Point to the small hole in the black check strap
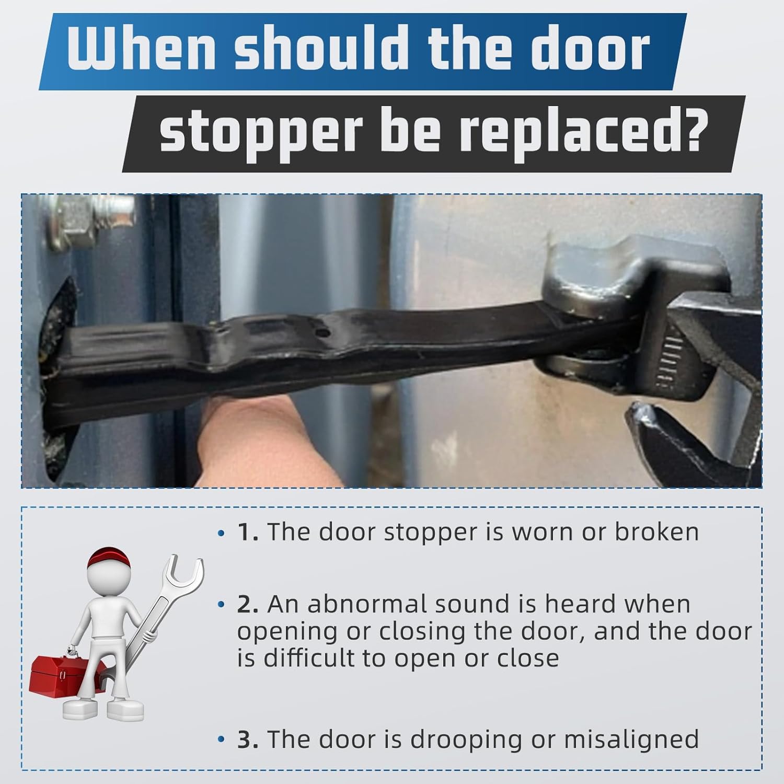[324, 332]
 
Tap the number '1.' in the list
[248, 532]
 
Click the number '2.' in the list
[248, 604]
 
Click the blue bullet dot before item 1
[222, 534]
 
